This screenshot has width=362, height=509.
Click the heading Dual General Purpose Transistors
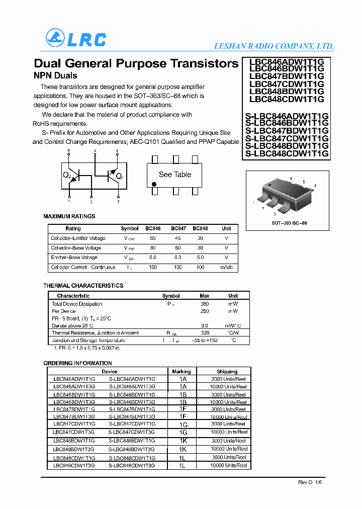click(136, 63)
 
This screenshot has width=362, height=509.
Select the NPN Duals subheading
click(55, 76)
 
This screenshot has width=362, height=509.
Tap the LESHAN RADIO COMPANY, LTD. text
click(274, 46)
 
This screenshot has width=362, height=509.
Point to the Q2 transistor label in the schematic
click(67, 176)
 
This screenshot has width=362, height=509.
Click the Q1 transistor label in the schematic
click(120, 177)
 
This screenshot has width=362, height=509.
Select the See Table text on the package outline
click(175, 175)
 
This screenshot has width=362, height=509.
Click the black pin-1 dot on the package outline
click(154, 184)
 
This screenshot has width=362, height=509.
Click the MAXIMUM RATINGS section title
click(69, 216)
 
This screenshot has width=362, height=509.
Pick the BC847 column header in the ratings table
click(178, 228)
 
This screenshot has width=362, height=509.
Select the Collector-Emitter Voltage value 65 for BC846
click(153, 238)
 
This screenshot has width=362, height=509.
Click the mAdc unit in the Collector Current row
click(226, 267)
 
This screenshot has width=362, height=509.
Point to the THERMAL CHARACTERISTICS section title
click(83, 286)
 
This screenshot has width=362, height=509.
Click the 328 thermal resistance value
click(205, 333)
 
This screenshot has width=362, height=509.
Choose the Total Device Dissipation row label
click(77, 304)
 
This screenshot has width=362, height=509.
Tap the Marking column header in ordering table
click(182, 372)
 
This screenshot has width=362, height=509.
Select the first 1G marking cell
click(183, 425)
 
